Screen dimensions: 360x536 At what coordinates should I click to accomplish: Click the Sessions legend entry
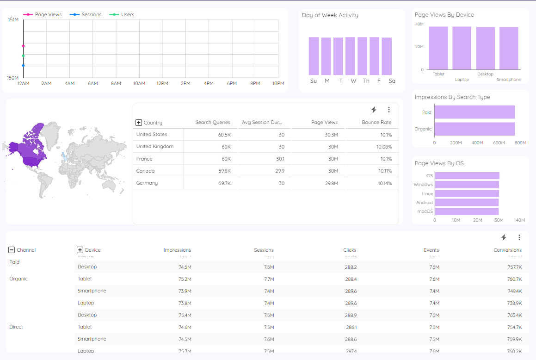(x=91, y=14)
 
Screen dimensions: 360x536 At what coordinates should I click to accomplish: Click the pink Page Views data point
(x=23, y=46)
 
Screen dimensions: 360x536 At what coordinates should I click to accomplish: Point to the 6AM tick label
(x=93, y=83)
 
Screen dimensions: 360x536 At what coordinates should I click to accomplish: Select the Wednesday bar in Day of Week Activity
(x=350, y=56)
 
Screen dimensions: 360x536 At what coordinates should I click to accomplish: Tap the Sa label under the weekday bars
(x=392, y=81)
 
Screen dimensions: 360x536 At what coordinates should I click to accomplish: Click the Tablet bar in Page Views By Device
(x=438, y=48)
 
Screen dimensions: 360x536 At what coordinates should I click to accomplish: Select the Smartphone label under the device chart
(x=508, y=80)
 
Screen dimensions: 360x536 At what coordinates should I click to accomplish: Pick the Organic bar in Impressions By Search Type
(x=474, y=129)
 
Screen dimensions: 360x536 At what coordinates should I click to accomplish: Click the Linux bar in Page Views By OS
(x=467, y=193)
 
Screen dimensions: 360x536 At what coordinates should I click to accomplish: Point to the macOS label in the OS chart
(x=425, y=211)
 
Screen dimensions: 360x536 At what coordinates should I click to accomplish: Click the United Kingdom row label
(x=154, y=146)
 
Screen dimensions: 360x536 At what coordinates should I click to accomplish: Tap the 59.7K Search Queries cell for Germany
(x=223, y=183)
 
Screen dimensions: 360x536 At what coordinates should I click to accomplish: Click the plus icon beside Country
(x=138, y=123)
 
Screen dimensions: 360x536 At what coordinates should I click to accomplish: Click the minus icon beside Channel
(x=12, y=250)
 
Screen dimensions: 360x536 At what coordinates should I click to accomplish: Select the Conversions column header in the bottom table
(x=507, y=250)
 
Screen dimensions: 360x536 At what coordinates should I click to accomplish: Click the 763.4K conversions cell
(x=514, y=315)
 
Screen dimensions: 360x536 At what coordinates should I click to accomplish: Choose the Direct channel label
(x=16, y=327)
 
